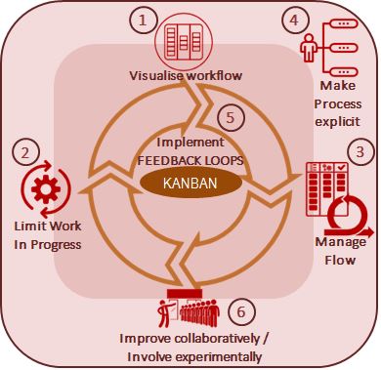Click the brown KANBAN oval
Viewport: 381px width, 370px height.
coord(190,183)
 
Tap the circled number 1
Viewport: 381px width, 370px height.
coord(143,21)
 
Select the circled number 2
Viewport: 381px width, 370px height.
coord(25,152)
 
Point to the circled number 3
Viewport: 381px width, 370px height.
coord(360,152)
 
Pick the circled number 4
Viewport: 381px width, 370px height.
coord(295,20)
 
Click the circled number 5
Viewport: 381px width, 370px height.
coord(231,117)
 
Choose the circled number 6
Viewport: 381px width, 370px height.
coord(241,311)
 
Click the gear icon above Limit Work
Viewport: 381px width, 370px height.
coord(46,189)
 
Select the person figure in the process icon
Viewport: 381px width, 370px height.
coord(308,48)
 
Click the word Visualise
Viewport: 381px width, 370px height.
coord(156,76)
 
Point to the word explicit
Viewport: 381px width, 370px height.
coord(338,122)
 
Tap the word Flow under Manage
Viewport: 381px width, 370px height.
coord(340,260)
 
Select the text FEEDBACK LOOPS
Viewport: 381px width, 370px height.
coord(190,160)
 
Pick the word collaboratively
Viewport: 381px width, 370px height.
coord(217,339)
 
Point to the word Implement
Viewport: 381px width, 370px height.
coord(190,143)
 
